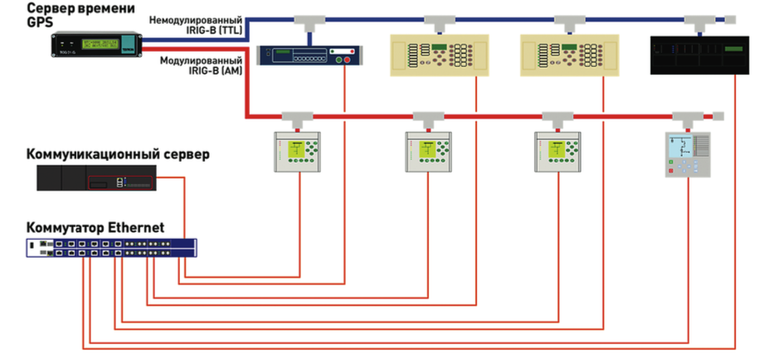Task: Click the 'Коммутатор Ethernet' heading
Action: (95, 226)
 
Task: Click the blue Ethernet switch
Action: (111, 247)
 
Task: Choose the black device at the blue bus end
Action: (697, 55)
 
